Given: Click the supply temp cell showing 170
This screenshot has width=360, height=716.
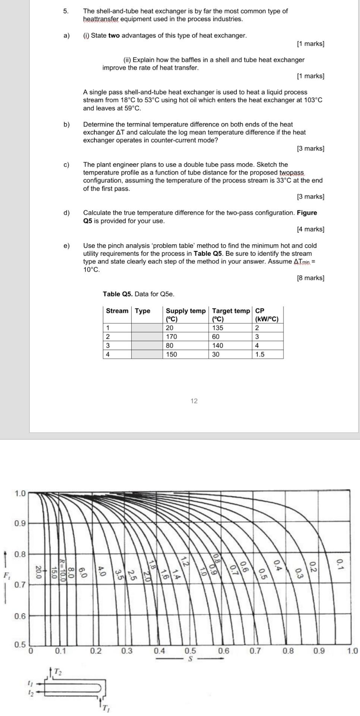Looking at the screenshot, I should tap(171, 336).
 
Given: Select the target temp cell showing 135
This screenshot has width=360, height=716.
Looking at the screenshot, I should tap(217, 328).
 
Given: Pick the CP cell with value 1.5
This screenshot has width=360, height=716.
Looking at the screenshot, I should tap(260, 354).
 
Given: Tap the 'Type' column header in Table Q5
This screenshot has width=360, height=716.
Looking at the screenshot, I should tap(143, 311).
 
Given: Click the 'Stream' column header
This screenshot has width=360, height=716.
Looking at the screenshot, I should tap(117, 311).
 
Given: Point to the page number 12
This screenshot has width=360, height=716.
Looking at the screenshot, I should tap(194, 401).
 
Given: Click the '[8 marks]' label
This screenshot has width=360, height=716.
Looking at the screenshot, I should tap(310, 278).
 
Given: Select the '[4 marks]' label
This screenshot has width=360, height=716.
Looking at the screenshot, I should tap(310, 229).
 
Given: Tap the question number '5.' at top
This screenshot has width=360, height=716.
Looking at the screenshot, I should tap(66, 11).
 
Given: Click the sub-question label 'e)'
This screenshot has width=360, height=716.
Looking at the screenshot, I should tap(66, 245).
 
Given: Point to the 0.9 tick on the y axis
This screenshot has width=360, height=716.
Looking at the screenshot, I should tap(20, 523).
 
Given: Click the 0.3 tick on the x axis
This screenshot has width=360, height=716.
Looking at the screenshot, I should tap(126, 651).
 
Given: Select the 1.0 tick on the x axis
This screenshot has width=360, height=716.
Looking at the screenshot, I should tap(352, 651).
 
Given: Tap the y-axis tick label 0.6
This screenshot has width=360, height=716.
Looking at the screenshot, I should tap(20, 616).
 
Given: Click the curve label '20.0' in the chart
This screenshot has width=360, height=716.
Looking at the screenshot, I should tap(38, 572).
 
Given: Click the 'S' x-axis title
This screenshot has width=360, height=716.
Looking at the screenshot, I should tap(190, 659).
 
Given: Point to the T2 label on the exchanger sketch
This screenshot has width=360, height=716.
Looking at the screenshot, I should tap(57, 672).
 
